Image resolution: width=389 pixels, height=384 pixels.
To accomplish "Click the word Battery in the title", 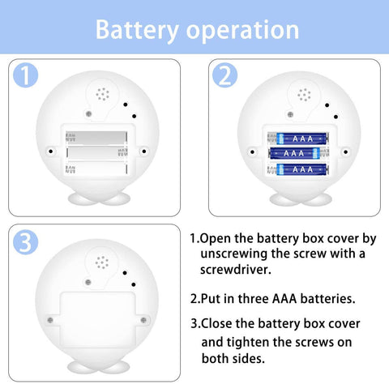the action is point(137,31).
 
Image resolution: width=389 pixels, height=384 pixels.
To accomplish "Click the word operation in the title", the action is point(243,31).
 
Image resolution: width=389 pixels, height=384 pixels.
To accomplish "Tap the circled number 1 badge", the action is point(25,75).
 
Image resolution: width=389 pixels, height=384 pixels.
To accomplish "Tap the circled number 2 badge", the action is point(224,75).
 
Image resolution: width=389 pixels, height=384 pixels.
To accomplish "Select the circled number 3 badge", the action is point(25,242).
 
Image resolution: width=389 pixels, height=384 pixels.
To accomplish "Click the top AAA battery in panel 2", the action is point(302,139).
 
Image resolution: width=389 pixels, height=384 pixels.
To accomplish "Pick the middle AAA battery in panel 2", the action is point(294,153).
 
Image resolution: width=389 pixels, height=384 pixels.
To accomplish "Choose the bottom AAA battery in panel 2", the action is point(302,169).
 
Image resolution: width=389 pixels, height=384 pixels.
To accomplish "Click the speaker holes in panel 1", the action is point(103,94).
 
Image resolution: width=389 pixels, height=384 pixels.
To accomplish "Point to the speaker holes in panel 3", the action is point(102,262).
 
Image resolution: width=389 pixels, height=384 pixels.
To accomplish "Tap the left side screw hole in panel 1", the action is point(50,151).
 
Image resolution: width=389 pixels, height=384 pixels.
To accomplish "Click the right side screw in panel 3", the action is point(143,320).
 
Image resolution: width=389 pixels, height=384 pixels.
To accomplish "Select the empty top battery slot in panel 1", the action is point(96,137).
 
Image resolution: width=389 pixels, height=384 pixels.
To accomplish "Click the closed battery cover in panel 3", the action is point(97,319).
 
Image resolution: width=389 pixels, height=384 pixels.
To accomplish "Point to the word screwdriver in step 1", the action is point(235,269).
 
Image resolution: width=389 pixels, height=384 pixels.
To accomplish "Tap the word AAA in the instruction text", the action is point(284,299).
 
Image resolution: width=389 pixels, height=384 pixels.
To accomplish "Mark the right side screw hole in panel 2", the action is point(345,151).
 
